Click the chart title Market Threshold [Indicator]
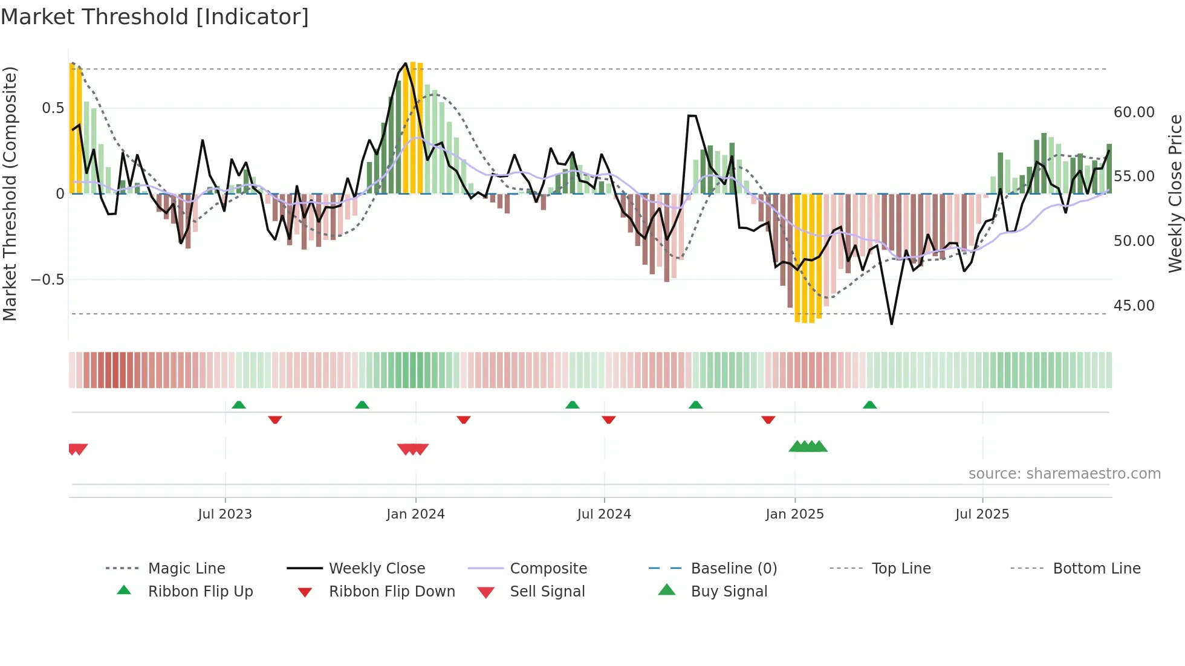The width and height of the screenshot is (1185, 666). (155, 17)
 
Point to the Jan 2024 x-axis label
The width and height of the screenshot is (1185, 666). (415, 514)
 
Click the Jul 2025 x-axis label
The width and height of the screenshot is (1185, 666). (982, 514)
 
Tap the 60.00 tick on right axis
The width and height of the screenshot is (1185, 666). (1134, 112)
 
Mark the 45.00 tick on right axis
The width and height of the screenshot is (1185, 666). (1134, 305)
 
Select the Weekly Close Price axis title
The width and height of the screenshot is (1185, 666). (1175, 193)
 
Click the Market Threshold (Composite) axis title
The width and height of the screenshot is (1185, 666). (10, 193)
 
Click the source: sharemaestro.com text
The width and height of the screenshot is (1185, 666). (1064, 473)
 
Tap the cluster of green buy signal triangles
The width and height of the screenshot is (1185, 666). (808, 447)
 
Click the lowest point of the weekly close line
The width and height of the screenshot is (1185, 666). (891, 324)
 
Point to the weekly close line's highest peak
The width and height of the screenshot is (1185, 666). (406, 63)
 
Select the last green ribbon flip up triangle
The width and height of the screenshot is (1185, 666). (869, 404)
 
